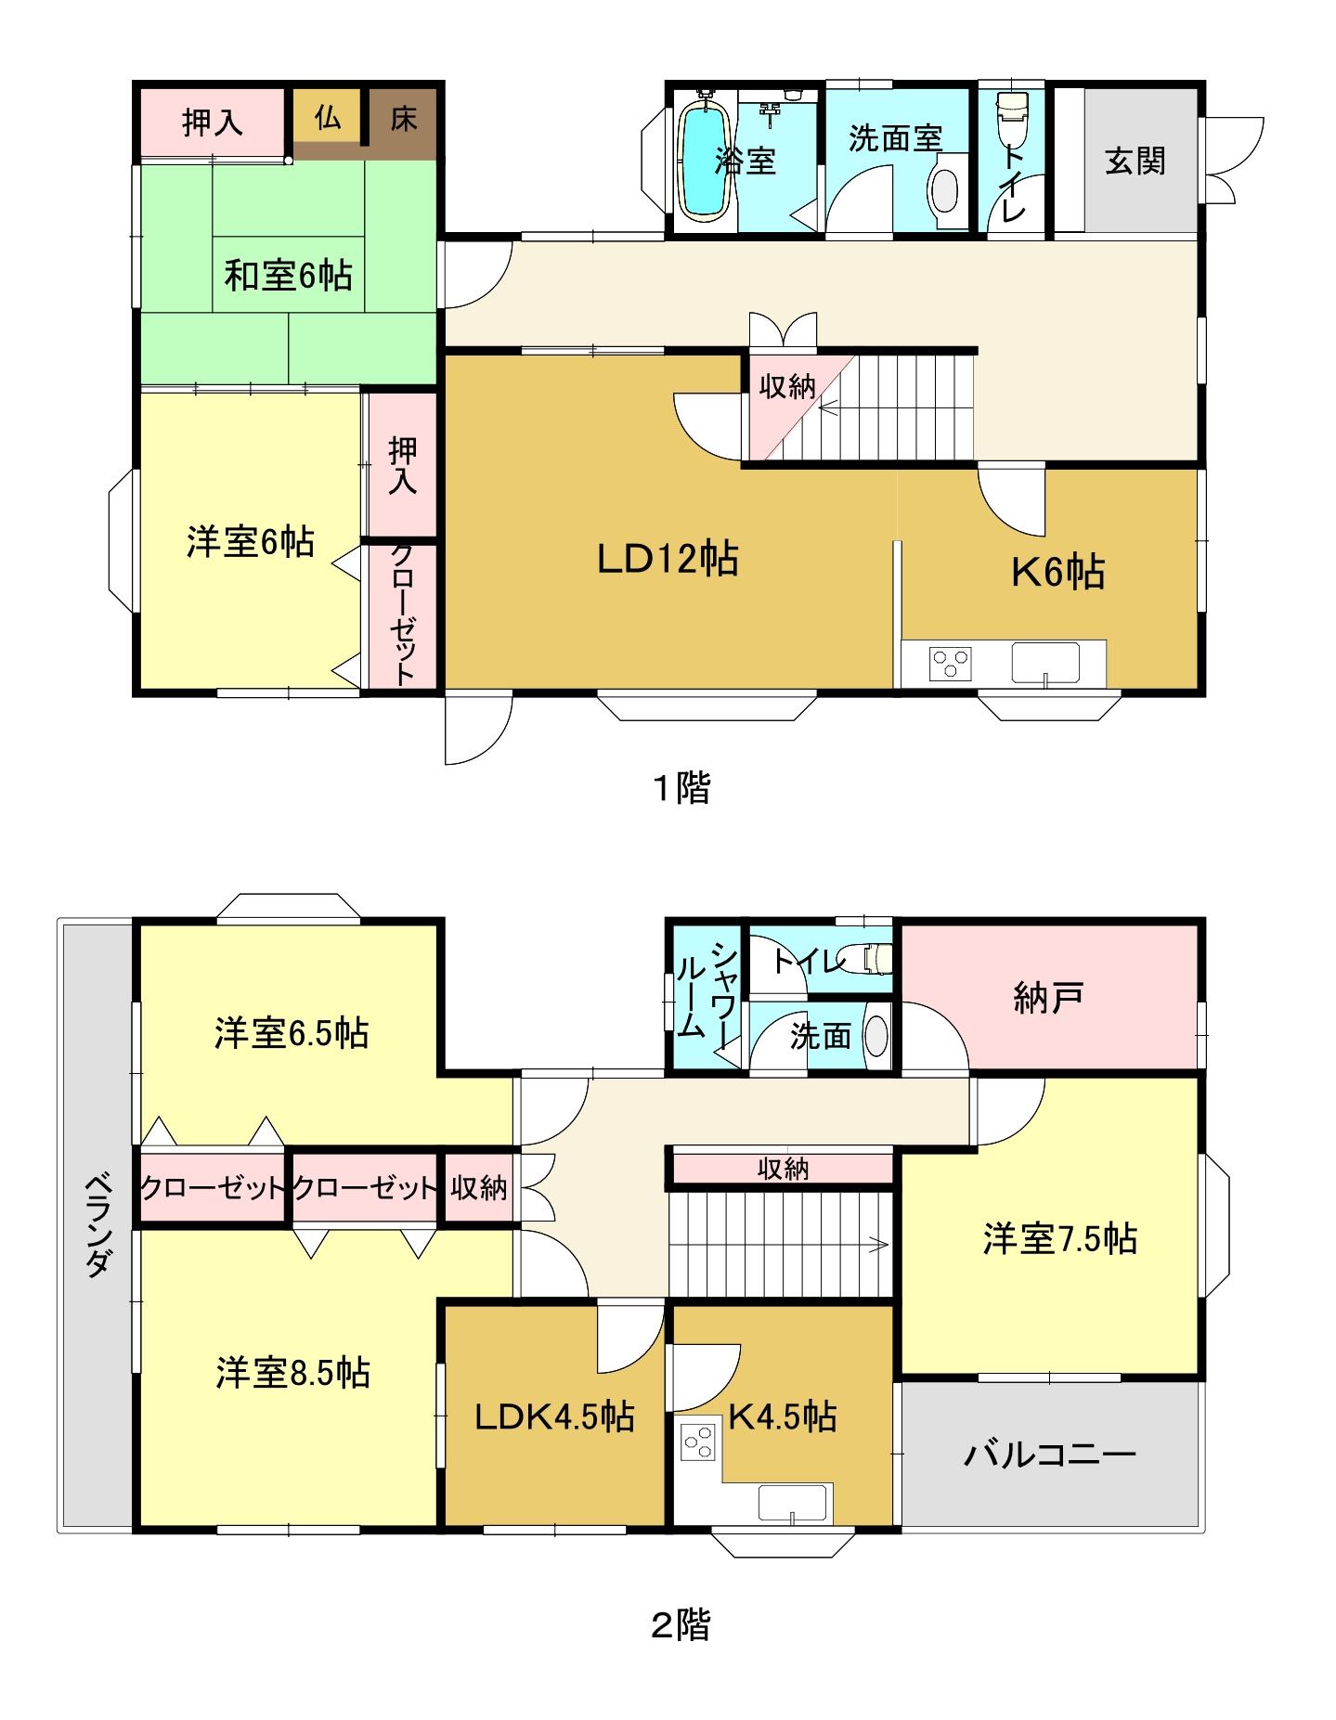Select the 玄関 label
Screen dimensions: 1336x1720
pyautogui.click(x=1135, y=162)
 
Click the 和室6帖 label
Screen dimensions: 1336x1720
pyautogui.click(x=289, y=276)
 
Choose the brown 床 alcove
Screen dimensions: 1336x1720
pyautogui.click(x=403, y=121)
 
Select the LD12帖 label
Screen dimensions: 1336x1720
pyautogui.click(x=668, y=560)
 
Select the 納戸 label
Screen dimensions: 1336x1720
pyautogui.click(x=1046, y=999)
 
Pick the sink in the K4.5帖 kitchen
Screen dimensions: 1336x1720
pyautogui.click(x=793, y=1504)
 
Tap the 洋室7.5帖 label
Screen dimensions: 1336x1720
pyautogui.click(x=1060, y=1239)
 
